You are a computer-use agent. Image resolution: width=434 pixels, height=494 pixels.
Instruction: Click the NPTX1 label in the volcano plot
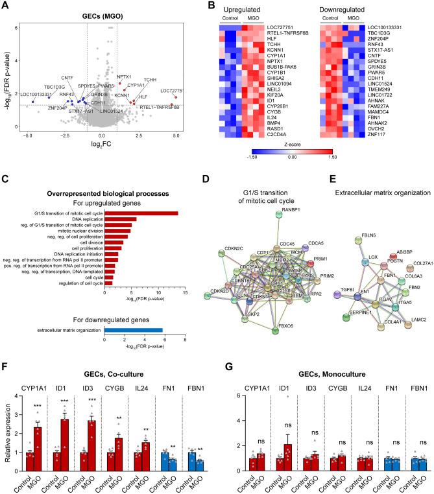tap(125, 77)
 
